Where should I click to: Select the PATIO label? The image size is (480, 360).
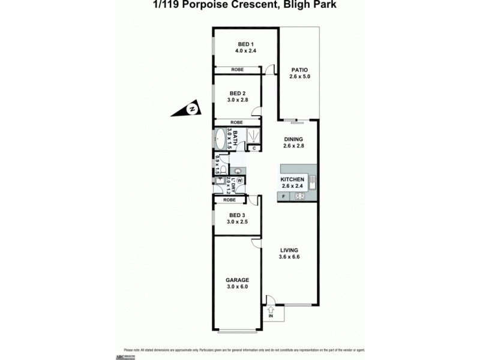[299, 70]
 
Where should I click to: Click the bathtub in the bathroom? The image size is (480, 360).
[221, 139]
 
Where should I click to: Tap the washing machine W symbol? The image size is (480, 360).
[239, 179]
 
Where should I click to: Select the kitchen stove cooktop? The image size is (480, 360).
[300, 196]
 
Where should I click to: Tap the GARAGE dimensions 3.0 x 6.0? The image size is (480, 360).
[237, 287]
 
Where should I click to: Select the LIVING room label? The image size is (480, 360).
[289, 250]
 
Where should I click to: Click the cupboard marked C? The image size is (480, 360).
[254, 148]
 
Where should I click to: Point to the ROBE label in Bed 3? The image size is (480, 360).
[229, 200]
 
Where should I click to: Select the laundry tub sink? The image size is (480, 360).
[220, 181]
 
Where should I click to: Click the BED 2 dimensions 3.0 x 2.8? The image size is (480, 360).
[238, 100]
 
